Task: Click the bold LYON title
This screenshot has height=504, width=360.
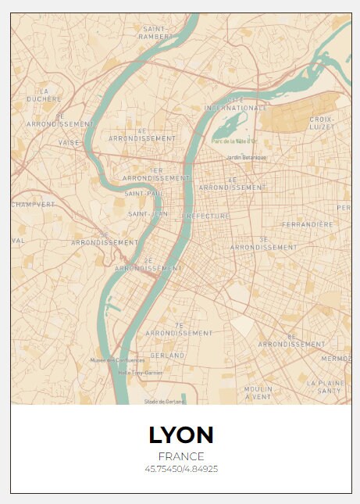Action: [180, 435]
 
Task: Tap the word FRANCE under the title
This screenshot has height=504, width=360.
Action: [180, 456]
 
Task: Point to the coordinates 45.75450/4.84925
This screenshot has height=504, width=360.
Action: [180, 469]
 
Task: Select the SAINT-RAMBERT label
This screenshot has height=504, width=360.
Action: [155, 32]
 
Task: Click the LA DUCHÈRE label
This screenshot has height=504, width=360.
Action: [44, 95]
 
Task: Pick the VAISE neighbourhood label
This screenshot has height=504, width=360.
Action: [69, 143]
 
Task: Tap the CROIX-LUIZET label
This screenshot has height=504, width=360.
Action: [322, 123]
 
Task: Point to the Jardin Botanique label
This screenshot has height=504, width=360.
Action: [246, 157]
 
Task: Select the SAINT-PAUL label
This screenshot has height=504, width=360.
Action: [143, 193]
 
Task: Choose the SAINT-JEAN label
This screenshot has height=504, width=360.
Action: [148, 213]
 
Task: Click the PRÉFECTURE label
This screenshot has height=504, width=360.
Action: [207, 216]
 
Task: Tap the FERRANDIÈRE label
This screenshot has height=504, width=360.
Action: [307, 224]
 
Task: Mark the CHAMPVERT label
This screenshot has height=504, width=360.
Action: [34, 204]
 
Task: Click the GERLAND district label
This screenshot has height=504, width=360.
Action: [167, 356]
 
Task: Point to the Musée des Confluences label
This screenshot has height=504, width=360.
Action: [117, 360]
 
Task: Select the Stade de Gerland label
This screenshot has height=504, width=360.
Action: [164, 402]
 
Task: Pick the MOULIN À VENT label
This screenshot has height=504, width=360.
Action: [258, 392]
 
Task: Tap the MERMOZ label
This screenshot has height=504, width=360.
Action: [337, 359]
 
